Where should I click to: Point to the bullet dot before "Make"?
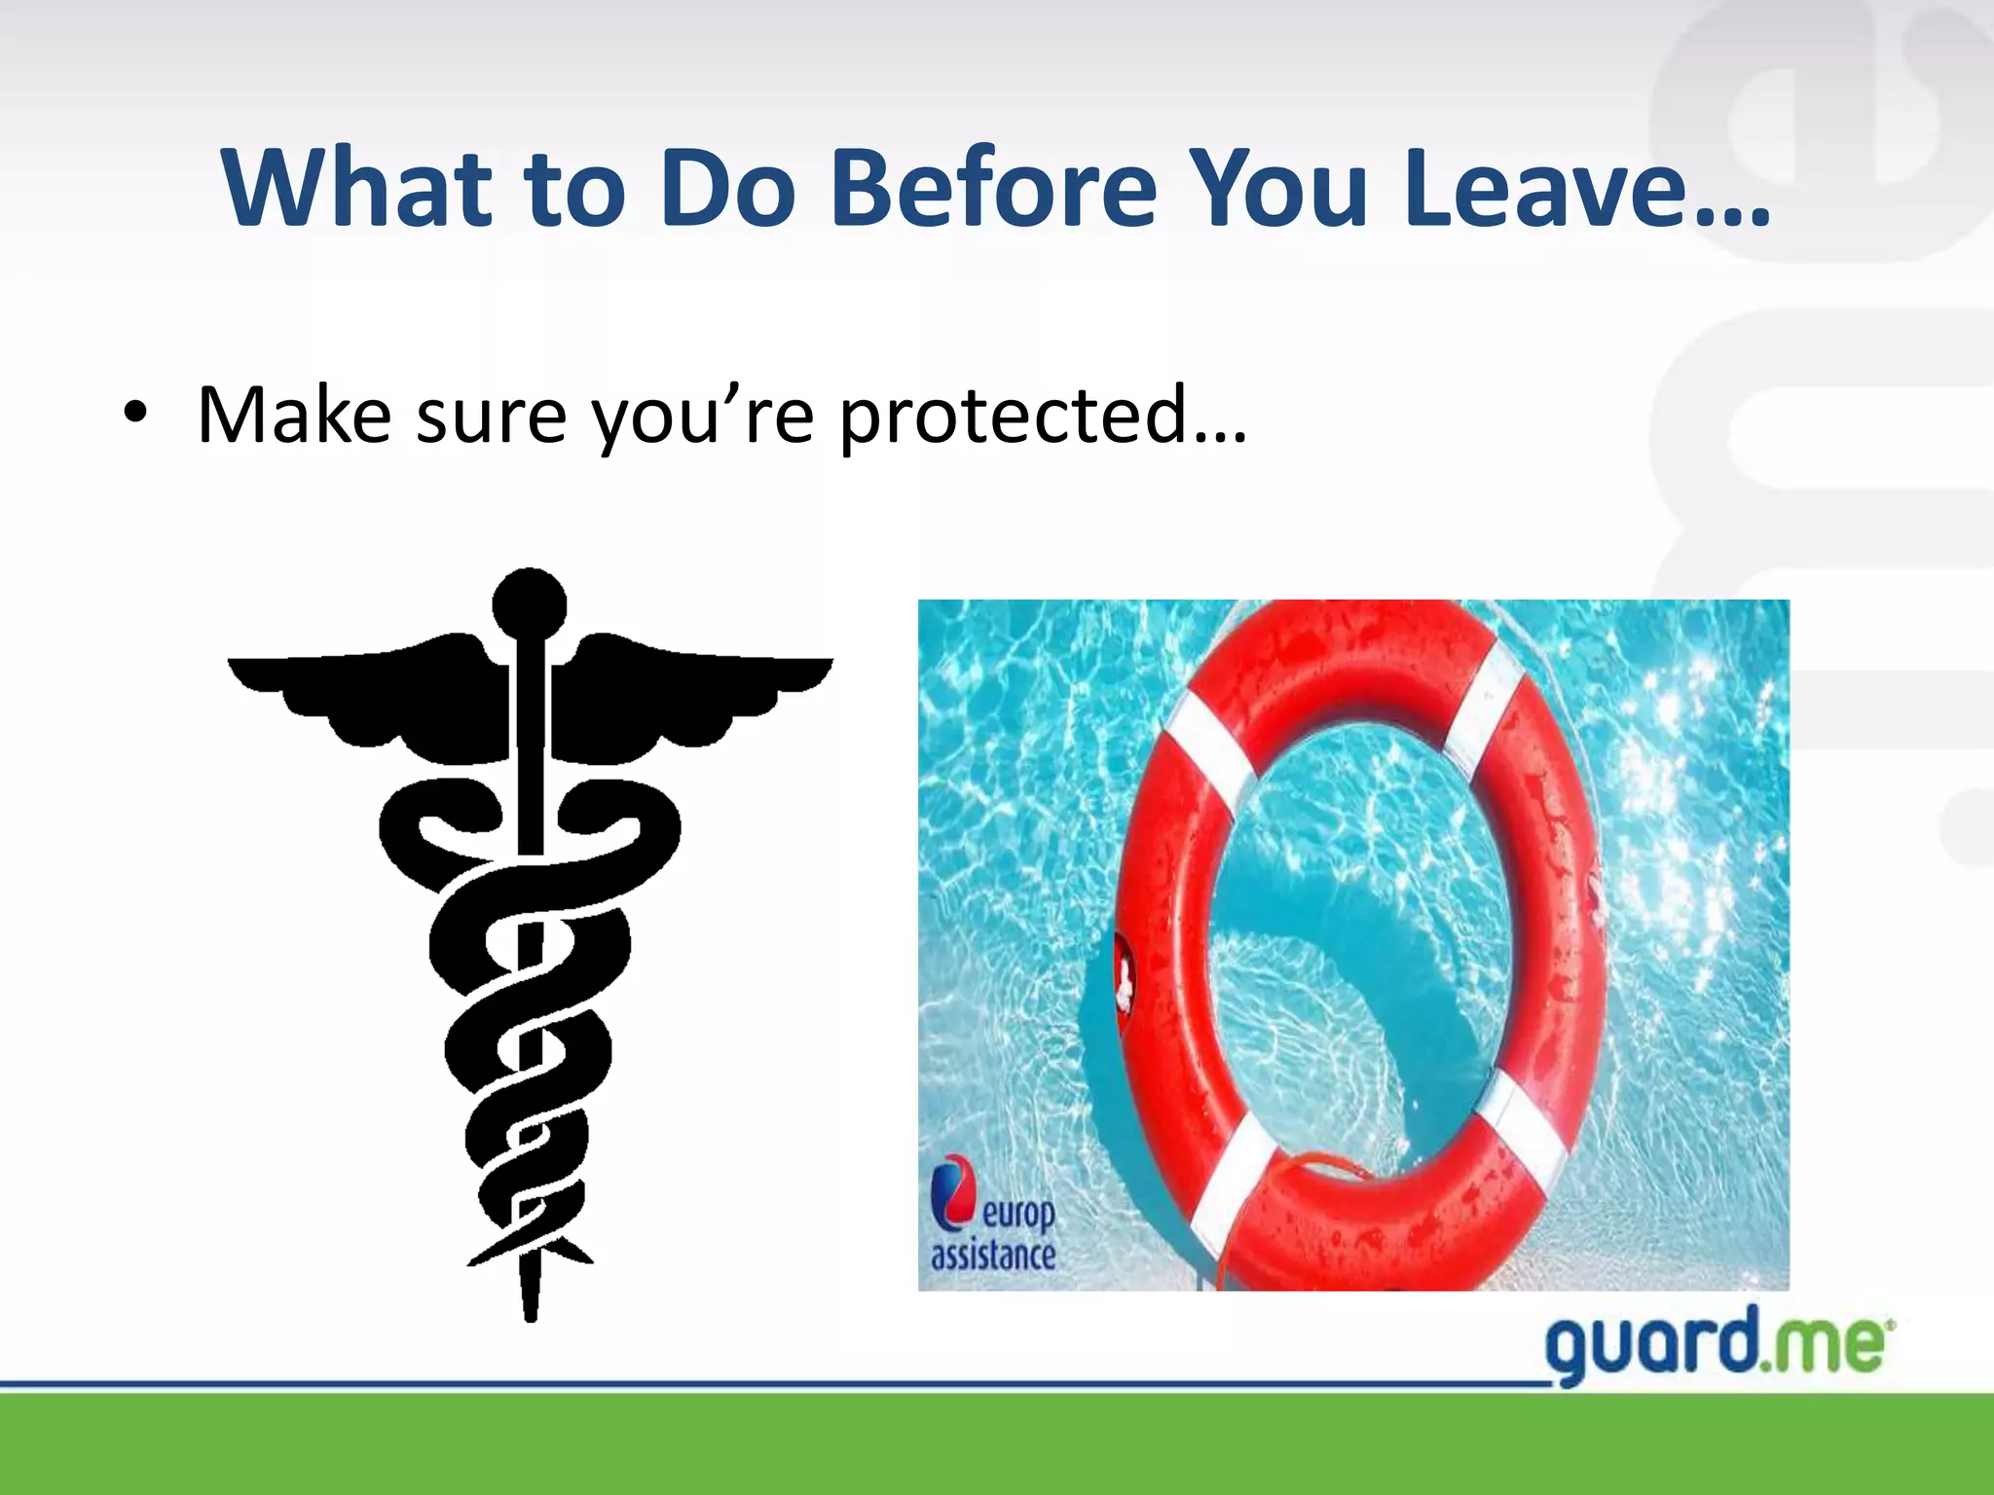pos(135,417)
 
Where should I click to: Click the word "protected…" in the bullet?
pos(1042,417)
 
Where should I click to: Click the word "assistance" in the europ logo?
pos(993,1256)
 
